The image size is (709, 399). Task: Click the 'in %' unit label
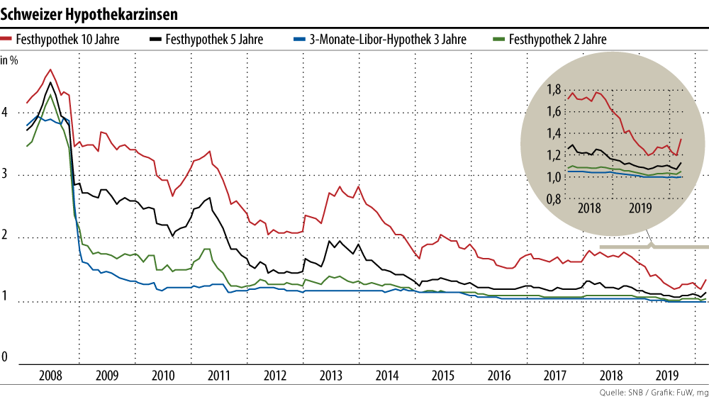pos(9,60)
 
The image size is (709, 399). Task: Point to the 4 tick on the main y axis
pos(5,113)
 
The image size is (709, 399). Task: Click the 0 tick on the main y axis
pos(5,358)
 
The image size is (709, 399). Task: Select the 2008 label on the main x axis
pos(50,375)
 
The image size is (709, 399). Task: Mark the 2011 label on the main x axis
pos(218,375)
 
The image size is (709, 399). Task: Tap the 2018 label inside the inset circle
pos(590,208)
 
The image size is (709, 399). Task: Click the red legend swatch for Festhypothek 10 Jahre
pos(7,40)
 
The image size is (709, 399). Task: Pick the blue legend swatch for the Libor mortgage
pos(299,40)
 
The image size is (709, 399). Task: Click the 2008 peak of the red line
pos(50,69)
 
